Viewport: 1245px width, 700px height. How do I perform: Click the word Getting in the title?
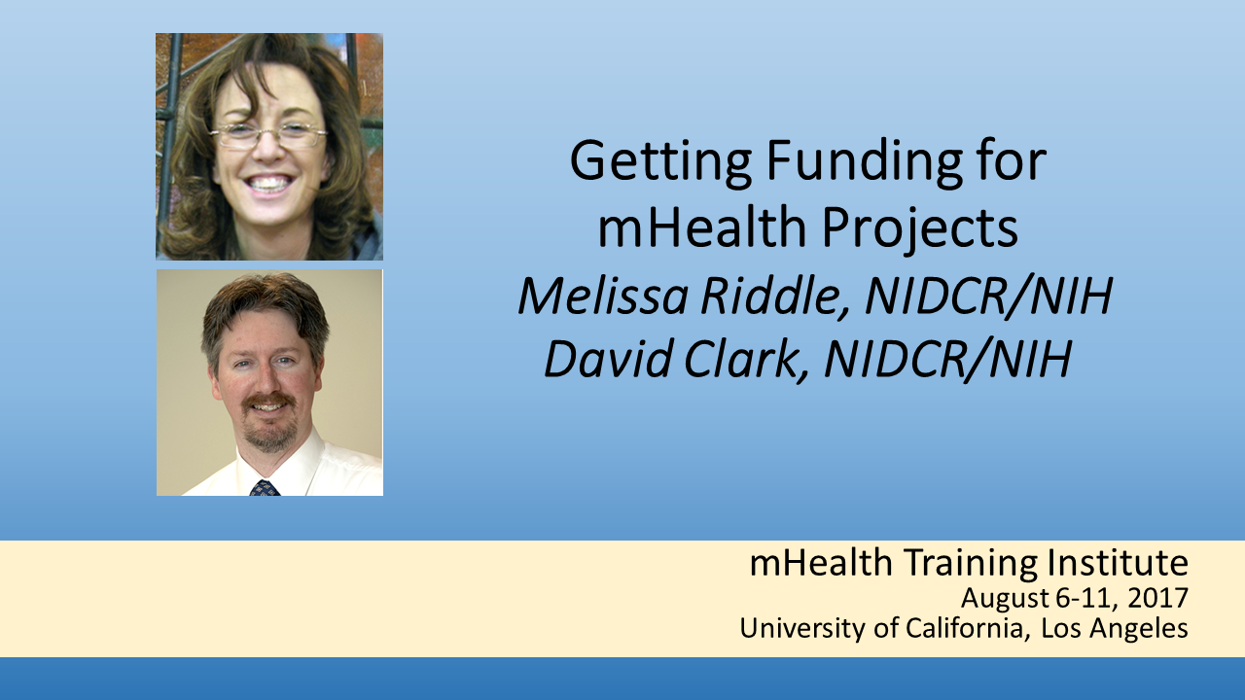point(660,162)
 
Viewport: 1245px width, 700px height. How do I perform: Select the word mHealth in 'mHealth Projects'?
point(701,227)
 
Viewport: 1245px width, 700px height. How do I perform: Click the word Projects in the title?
point(920,229)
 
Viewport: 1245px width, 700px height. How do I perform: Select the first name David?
point(608,359)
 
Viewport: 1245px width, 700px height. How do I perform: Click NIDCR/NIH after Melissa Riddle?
point(989,297)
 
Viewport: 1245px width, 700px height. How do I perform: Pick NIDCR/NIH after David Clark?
point(947,360)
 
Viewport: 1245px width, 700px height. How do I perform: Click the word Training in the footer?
point(971,565)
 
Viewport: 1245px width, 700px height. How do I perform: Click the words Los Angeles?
point(1115,629)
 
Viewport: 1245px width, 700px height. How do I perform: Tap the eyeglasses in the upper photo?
point(268,136)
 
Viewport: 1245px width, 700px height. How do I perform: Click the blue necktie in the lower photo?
point(265,488)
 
